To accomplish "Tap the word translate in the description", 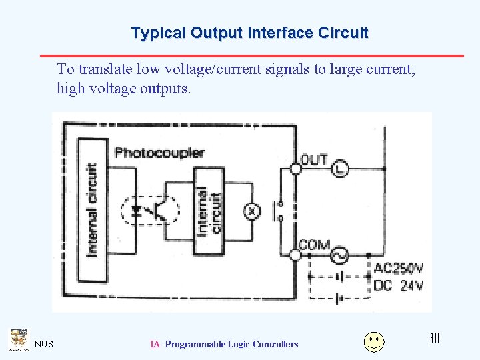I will point(105,69).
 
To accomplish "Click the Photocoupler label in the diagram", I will point(159,153).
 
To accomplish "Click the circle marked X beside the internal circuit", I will point(253,211).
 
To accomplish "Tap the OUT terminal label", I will point(314,159).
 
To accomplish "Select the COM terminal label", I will point(314,245).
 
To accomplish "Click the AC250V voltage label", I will point(398,269).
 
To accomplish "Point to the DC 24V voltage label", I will point(398,285).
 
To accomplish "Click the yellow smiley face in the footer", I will point(374,341).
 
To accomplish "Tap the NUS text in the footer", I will point(44,344).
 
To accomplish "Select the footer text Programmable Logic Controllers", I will point(231,344).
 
